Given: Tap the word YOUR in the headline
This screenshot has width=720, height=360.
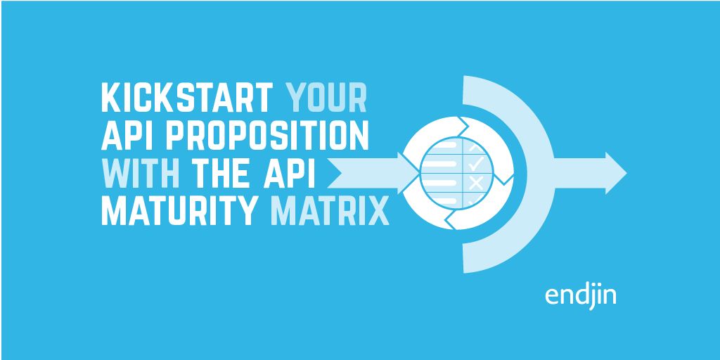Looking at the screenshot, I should pos(327,98).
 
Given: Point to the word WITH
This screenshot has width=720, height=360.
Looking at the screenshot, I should pos(143,173).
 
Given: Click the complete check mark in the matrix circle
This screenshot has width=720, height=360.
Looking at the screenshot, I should pos(476,165).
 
